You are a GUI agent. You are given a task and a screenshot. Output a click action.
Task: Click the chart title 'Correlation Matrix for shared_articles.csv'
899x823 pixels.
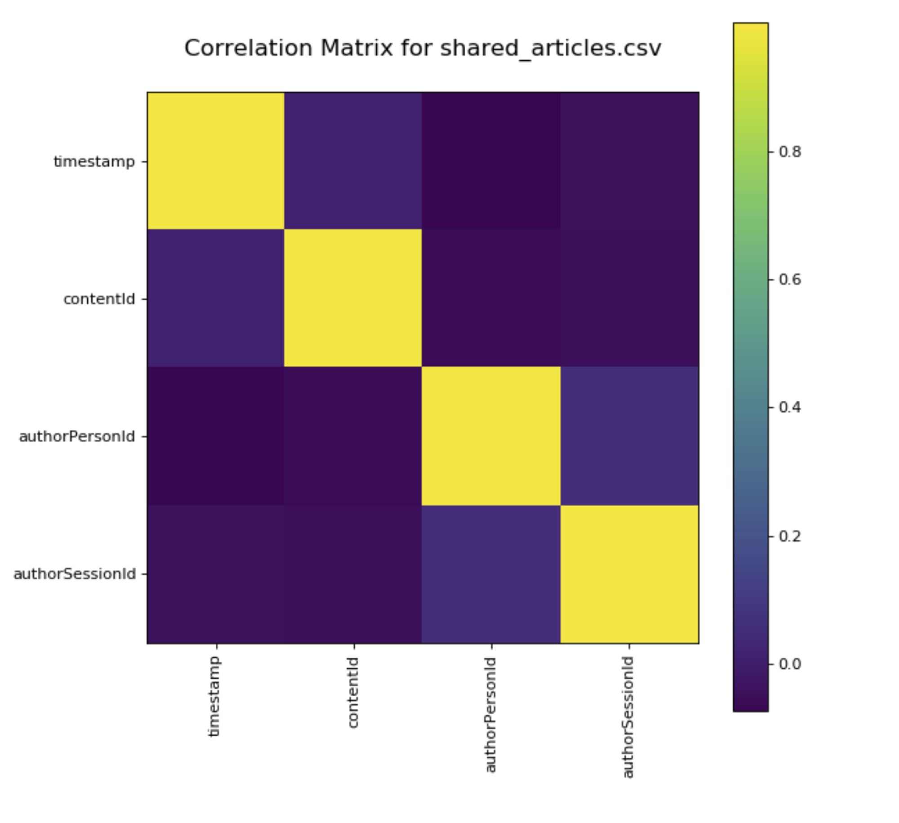423,48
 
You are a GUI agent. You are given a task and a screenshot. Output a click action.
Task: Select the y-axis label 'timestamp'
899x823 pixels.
94,161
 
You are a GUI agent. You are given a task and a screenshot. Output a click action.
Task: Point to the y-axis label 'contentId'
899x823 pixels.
99,299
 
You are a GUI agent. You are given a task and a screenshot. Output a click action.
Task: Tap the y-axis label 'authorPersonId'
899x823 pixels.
77,436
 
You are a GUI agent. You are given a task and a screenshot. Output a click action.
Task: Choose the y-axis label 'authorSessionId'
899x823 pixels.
75,574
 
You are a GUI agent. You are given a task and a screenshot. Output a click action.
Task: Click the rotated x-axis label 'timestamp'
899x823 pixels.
214,696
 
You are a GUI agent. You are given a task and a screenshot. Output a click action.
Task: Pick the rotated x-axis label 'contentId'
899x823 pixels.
353,692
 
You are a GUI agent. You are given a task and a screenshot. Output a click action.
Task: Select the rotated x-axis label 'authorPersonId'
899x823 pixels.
491,715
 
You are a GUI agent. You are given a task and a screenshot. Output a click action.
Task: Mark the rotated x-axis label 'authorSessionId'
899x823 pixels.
628,717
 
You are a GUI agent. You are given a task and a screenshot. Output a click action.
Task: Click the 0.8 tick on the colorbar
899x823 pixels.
790,152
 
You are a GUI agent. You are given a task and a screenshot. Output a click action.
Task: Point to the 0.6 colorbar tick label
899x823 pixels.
790,280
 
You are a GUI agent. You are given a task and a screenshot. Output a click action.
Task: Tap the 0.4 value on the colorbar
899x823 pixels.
790,407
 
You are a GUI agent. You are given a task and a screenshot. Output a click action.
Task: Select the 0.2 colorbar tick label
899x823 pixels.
790,536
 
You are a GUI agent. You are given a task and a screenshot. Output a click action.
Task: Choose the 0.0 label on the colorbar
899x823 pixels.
790,664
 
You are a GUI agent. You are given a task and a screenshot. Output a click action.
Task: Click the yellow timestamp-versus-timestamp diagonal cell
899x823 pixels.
216,161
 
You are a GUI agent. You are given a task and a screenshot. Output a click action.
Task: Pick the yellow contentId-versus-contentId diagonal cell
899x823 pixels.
353,298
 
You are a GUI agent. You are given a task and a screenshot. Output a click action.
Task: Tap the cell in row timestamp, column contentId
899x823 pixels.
353,161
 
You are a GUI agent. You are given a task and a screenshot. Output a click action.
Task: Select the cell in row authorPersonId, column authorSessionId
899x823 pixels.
629,436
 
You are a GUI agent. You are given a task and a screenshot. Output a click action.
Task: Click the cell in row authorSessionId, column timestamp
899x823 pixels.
216,574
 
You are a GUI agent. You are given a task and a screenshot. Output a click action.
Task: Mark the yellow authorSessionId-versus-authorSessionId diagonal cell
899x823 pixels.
629,574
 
